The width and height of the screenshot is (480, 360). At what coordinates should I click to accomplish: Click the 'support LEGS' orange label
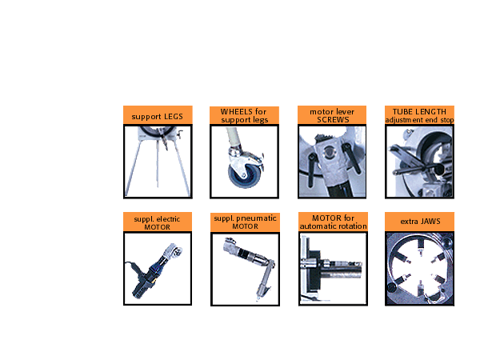pyautogui.click(x=158, y=117)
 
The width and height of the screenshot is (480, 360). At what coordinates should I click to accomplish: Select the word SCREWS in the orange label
pyautogui.click(x=333, y=120)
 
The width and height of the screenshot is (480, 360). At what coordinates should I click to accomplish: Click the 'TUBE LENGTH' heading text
pyautogui.click(x=419, y=112)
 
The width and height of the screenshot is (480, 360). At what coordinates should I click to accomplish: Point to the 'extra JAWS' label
pyautogui.click(x=420, y=222)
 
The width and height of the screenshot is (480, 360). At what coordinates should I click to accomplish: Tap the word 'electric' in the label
pyautogui.click(x=168, y=219)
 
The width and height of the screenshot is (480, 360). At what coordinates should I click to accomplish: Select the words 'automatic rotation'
pyautogui.click(x=333, y=226)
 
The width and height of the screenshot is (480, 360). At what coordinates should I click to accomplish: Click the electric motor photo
pyautogui.click(x=158, y=269)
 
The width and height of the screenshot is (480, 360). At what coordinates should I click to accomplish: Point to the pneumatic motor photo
pyautogui.click(x=245, y=270)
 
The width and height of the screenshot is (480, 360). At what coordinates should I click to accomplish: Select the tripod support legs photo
pyautogui.click(x=158, y=162)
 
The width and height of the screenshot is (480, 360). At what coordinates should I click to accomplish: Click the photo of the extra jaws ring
pyautogui.click(x=419, y=269)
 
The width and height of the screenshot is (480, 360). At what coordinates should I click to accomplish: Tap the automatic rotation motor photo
pyautogui.click(x=333, y=269)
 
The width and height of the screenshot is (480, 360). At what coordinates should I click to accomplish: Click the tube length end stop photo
pyautogui.click(x=419, y=162)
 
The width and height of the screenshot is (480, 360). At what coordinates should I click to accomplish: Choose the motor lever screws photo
pyautogui.click(x=332, y=162)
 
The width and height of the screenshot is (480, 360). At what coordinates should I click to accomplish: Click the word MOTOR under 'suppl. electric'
pyautogui.click(x=158, y=227)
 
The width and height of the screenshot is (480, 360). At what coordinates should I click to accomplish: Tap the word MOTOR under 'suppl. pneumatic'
pyautogui.click(x=246, y=226)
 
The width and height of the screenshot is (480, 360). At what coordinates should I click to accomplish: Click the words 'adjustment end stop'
pyautogui.click(x=419, y=120)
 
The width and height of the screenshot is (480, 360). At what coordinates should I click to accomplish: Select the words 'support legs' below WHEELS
pyautogui.click(x=245, y=120)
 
